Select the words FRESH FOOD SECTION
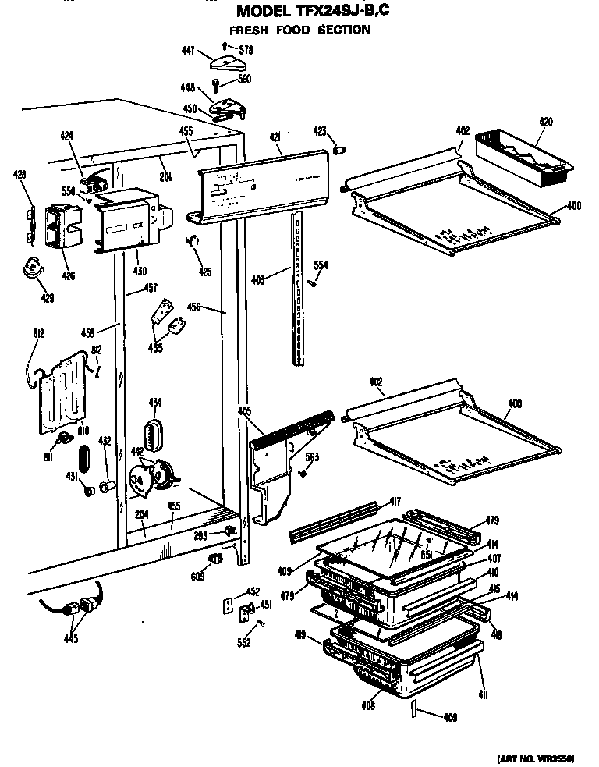coord(299,30)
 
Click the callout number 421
coord(275,137)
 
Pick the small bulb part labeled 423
coord(340,149)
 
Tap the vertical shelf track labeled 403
coord(297,289)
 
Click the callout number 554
coord(321,266)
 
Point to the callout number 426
coord(69,275)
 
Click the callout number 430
coord(138,272)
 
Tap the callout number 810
coord(83,430)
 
